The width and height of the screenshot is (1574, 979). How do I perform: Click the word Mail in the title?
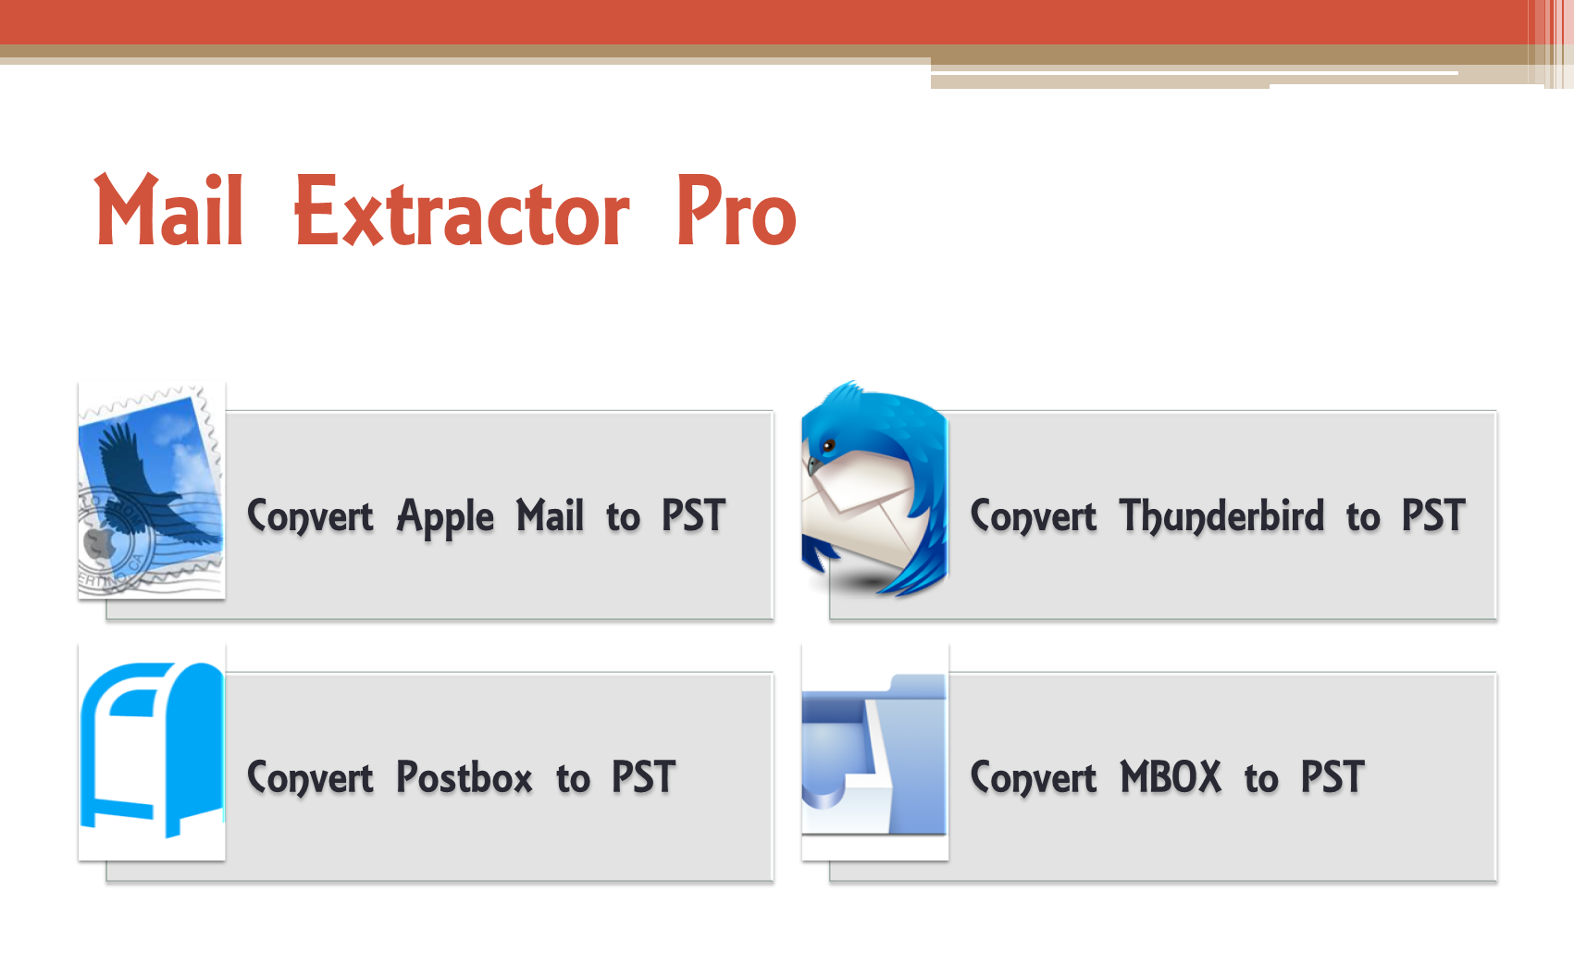tap(168, 210)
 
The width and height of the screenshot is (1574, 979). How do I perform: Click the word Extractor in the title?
tap(462, 210)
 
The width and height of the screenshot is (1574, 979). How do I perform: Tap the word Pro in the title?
tap(737, 210)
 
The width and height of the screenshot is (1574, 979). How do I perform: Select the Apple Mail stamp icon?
tap(152, 489)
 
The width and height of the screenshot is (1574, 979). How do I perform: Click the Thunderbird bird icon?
tap(874, 489)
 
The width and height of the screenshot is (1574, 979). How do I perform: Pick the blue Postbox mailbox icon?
tap(152, 750)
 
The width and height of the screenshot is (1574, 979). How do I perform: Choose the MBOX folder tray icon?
tap(874, 753)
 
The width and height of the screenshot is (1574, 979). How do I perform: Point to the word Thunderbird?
tap(1222, 517)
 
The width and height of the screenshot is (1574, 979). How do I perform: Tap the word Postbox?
tap(464, 777)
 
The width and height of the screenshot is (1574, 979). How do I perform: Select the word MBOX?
tap(1171, 777)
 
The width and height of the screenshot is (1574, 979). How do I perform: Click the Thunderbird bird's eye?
tap(829, 446)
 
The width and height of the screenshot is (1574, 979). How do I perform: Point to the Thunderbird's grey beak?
tap(814, 466)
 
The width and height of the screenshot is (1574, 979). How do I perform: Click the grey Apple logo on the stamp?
tap(99, 542)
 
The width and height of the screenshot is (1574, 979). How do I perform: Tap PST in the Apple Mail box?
tap(694, 515)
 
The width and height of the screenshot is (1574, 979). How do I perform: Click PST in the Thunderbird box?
tap(1434, 515)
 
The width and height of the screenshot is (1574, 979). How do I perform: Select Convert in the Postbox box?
tap(310, 779)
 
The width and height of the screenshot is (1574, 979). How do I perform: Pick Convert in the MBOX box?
tap(1033, 779)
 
